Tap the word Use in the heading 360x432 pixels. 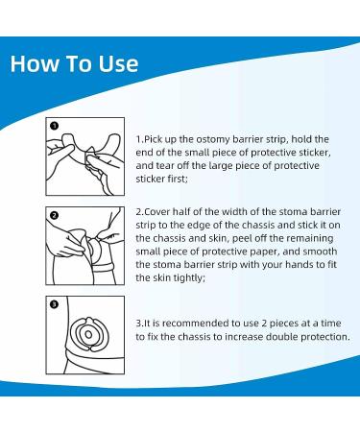coord(118,63)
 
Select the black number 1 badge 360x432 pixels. coord(55,126)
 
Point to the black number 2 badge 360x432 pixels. coord(55,215)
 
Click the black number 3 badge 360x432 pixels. coord(55,304)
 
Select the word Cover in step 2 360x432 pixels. coord(157,212)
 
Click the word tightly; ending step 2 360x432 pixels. coord(189,278)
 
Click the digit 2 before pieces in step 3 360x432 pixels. coord(264,324)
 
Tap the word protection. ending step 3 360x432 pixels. coord(325,337)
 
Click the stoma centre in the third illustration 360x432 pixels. coord(88,335)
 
